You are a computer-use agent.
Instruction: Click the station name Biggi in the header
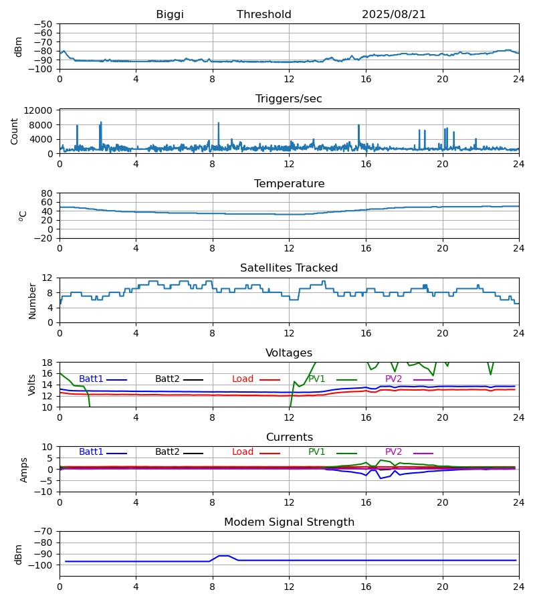(x=170, y=15)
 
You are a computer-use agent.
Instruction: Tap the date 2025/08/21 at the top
(x=394, y=15)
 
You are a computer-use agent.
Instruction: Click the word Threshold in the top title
(x=264, y=15)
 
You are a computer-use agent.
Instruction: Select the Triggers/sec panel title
(x=289, y=99)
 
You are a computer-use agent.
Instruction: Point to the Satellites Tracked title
(x=289, y=268)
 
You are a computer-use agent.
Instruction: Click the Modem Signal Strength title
(x=289, y=522)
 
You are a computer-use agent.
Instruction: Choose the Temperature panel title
(x=289, y=184)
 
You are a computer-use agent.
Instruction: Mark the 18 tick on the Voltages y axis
(x=47, y=363)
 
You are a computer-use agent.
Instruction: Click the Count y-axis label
(x=15, y=131)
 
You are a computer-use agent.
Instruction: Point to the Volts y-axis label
(x=32, y=385)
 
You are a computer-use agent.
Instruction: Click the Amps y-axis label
(x=25, y=470)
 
